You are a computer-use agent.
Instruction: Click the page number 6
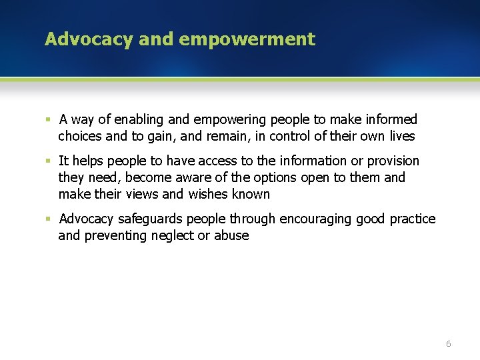(448, 343)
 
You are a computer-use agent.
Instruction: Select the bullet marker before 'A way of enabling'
(48, 120)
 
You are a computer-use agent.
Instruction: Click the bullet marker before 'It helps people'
(48, 161)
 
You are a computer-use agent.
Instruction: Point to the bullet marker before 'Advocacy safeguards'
(48, 219)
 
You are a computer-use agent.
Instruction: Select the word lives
(399, 137)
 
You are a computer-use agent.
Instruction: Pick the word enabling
(141, 120)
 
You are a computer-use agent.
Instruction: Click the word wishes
(207, 195)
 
